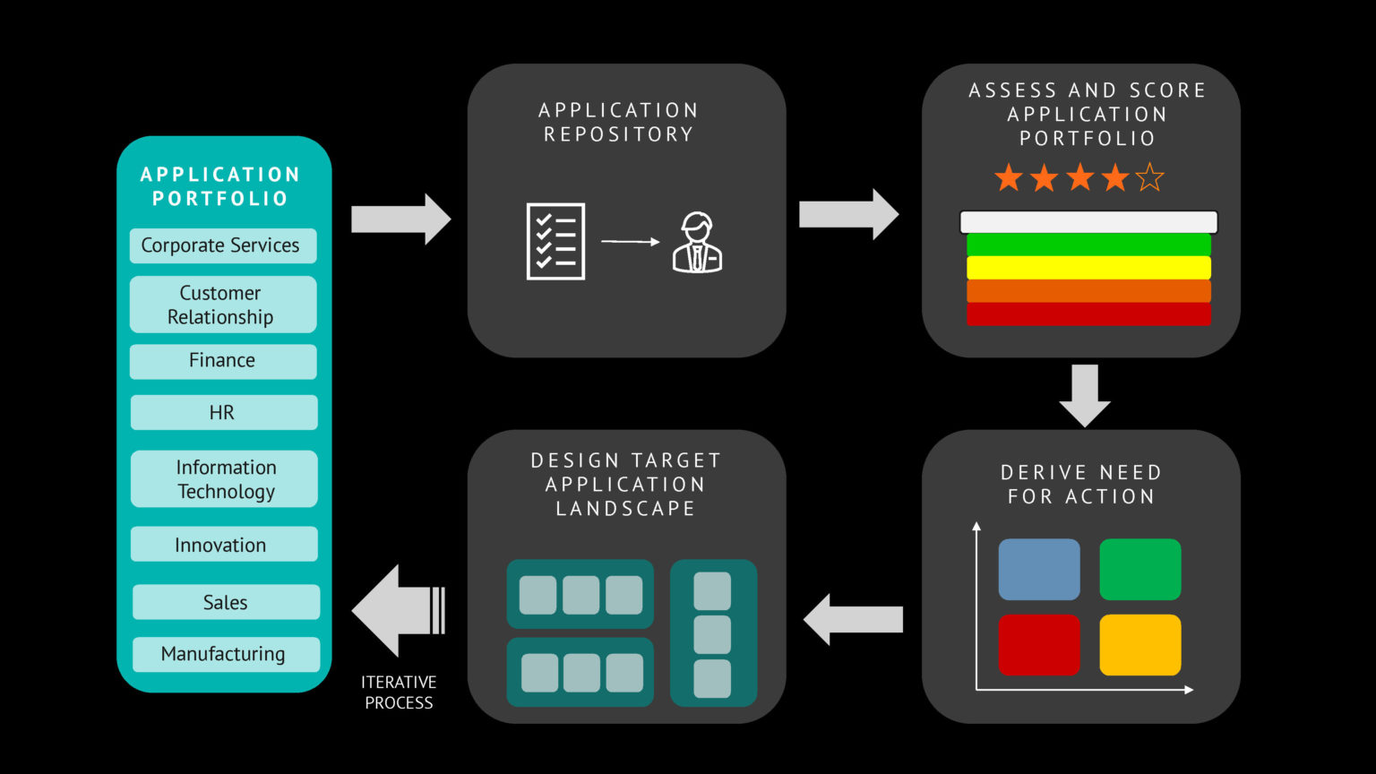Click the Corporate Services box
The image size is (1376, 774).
223,245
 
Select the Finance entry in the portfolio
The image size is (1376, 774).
223,361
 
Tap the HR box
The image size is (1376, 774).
223,413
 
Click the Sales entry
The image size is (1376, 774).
226,602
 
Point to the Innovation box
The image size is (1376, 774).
223,545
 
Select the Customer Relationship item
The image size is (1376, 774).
223,305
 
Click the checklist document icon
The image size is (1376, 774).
555,242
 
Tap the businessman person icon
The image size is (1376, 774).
697,243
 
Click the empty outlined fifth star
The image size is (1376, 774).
1149,178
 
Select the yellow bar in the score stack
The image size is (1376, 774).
1088,268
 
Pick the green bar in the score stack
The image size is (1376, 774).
1088,245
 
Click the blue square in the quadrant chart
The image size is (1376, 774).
1039,569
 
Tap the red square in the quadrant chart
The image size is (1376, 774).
1039,644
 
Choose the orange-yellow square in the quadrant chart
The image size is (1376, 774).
1139,644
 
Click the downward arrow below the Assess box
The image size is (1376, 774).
1085,394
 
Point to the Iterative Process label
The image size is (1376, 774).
399,692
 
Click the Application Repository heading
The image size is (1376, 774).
618,122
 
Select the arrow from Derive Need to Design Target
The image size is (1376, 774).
853,619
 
